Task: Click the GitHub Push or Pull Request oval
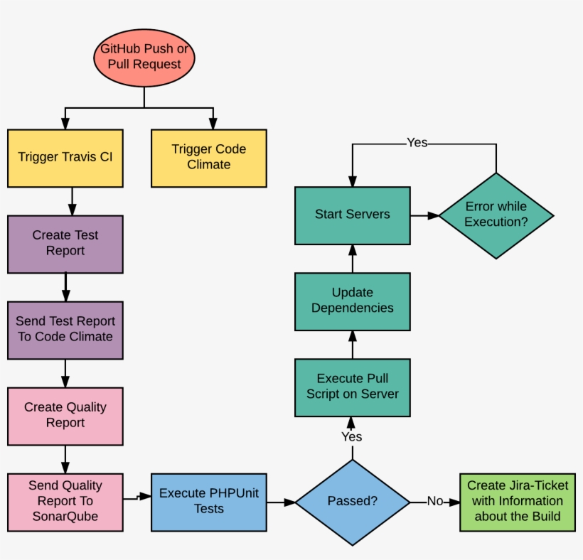[144, 56]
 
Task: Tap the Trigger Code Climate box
[209, 158]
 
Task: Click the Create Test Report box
[65, 244]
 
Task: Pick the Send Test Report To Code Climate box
[65, 330]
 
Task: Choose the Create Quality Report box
[65, 416]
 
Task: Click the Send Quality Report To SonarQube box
[65, 502]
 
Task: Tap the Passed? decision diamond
[353, 502]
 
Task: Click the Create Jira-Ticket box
[517, 502]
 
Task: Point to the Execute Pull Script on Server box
[353, 387]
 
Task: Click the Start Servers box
[353, 215]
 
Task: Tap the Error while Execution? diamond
[496, 215]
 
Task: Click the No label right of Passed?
[434, 502]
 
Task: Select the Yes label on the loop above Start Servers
[417, 143]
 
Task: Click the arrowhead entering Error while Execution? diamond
[433, 215]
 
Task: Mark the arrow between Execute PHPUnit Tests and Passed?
[282, 502]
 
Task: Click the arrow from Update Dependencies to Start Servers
[353, 258]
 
